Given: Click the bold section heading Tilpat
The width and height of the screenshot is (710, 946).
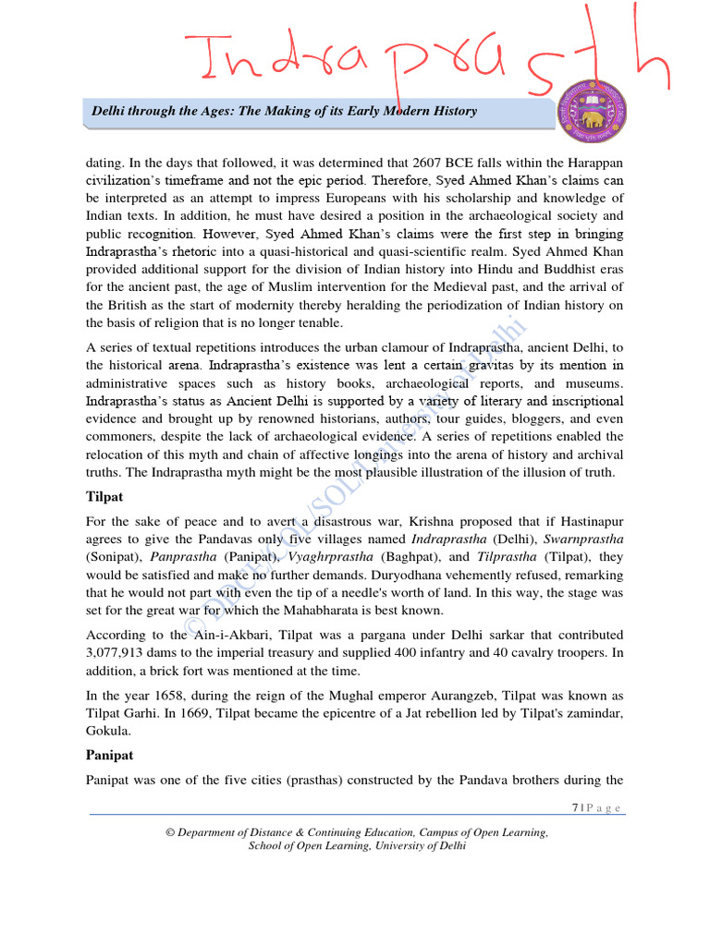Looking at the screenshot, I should (x=104, y=497).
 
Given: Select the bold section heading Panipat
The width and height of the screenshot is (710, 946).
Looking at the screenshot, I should (x=109, y=755).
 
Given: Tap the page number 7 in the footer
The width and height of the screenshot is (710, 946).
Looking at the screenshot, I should (x=575, y=808).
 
